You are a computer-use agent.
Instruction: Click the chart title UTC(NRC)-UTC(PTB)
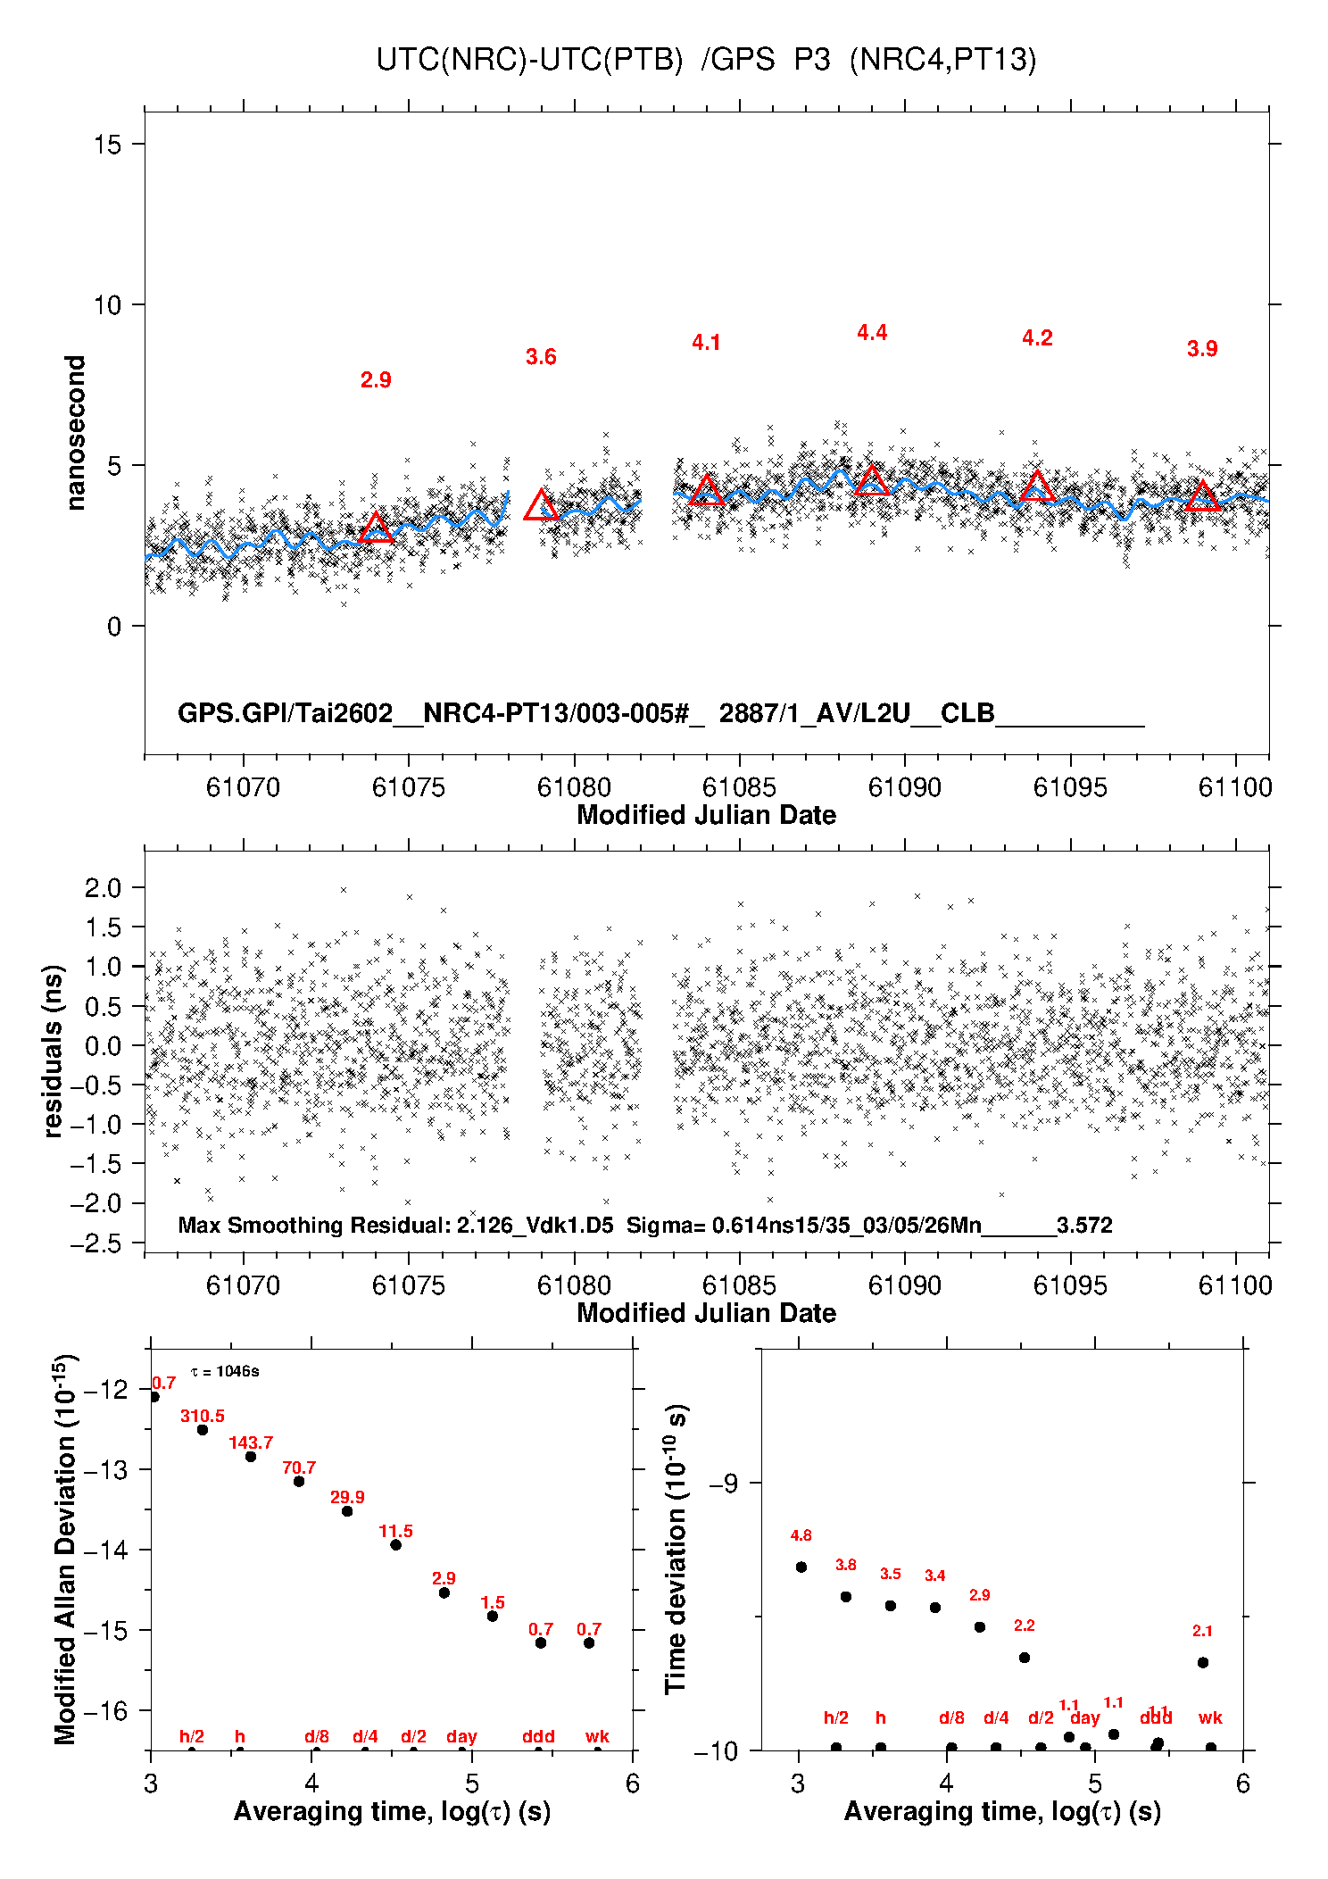pyautogui.click(x=529, y=60)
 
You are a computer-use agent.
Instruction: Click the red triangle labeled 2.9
pyautogui.click(x=376, y=528)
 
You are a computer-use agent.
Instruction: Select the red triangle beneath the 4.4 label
pyautogui.click(x=872, y=481)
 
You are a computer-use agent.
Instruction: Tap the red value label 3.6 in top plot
pyautogui.click(x=541, y=357)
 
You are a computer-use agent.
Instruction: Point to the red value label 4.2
pyautogui.click(x=1037, y=338)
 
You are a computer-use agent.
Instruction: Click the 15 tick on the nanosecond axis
pyautogui.click(x=108, y=145)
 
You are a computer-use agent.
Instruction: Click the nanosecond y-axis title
pyautogui.click(x=76, y=433)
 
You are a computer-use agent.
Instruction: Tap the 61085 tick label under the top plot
pyautogui.click(x=739, y=787)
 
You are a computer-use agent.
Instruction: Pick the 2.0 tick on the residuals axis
pyautogui.click(x=103, y=888)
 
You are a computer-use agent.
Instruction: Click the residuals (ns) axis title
pyautogui.click(x=54, y=1052)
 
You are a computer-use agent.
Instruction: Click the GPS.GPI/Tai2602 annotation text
pyautogui.click(x=286, y=713)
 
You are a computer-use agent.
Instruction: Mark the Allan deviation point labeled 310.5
pyautogui.click(x=203, y=1430)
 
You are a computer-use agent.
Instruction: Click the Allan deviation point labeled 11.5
pyautogui.click(x=395, y=1545)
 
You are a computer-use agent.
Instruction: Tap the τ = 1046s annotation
pyautogui.click(x=225, y=1371)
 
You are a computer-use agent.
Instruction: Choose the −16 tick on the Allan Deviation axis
pyautogui.click(x=105, y=1710)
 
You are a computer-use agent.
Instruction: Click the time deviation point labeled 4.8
pyautogui.click(x=801, y=1567)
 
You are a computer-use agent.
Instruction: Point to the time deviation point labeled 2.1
pyautogui.click(x=1203, y=1662)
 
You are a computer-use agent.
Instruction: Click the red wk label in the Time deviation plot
pyautogui.click(x=1210, y=1717)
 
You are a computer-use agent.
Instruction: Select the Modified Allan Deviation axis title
pyautogui.click(x=64, y=1549)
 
